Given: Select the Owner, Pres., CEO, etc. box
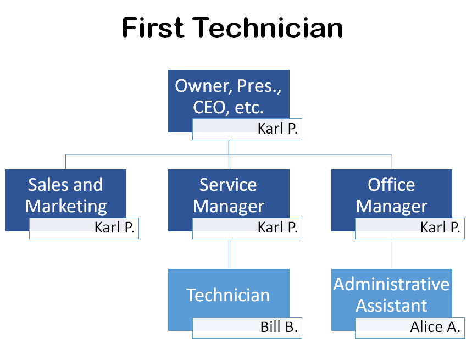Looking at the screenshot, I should [228, 93].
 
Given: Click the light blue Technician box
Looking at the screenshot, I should [228, 294].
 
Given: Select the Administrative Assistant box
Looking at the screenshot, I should [391, 294].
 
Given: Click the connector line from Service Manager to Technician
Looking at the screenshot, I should [229, 254].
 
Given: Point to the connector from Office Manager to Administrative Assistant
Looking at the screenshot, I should [392, 254].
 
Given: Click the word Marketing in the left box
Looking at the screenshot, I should [66, 206].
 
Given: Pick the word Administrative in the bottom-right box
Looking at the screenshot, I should [391, 284].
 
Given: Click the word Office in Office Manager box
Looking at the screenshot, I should [391, 185].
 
